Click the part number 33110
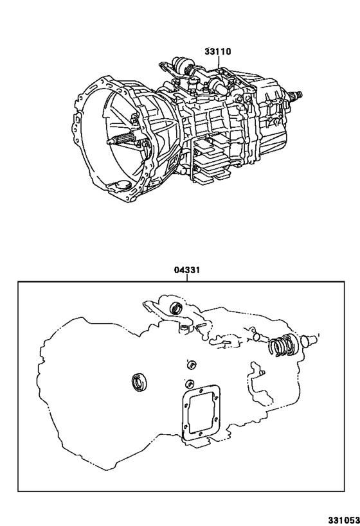[218, 51]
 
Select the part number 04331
[186, 270]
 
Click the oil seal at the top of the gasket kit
[175, 308]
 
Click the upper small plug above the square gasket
[190, 365]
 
